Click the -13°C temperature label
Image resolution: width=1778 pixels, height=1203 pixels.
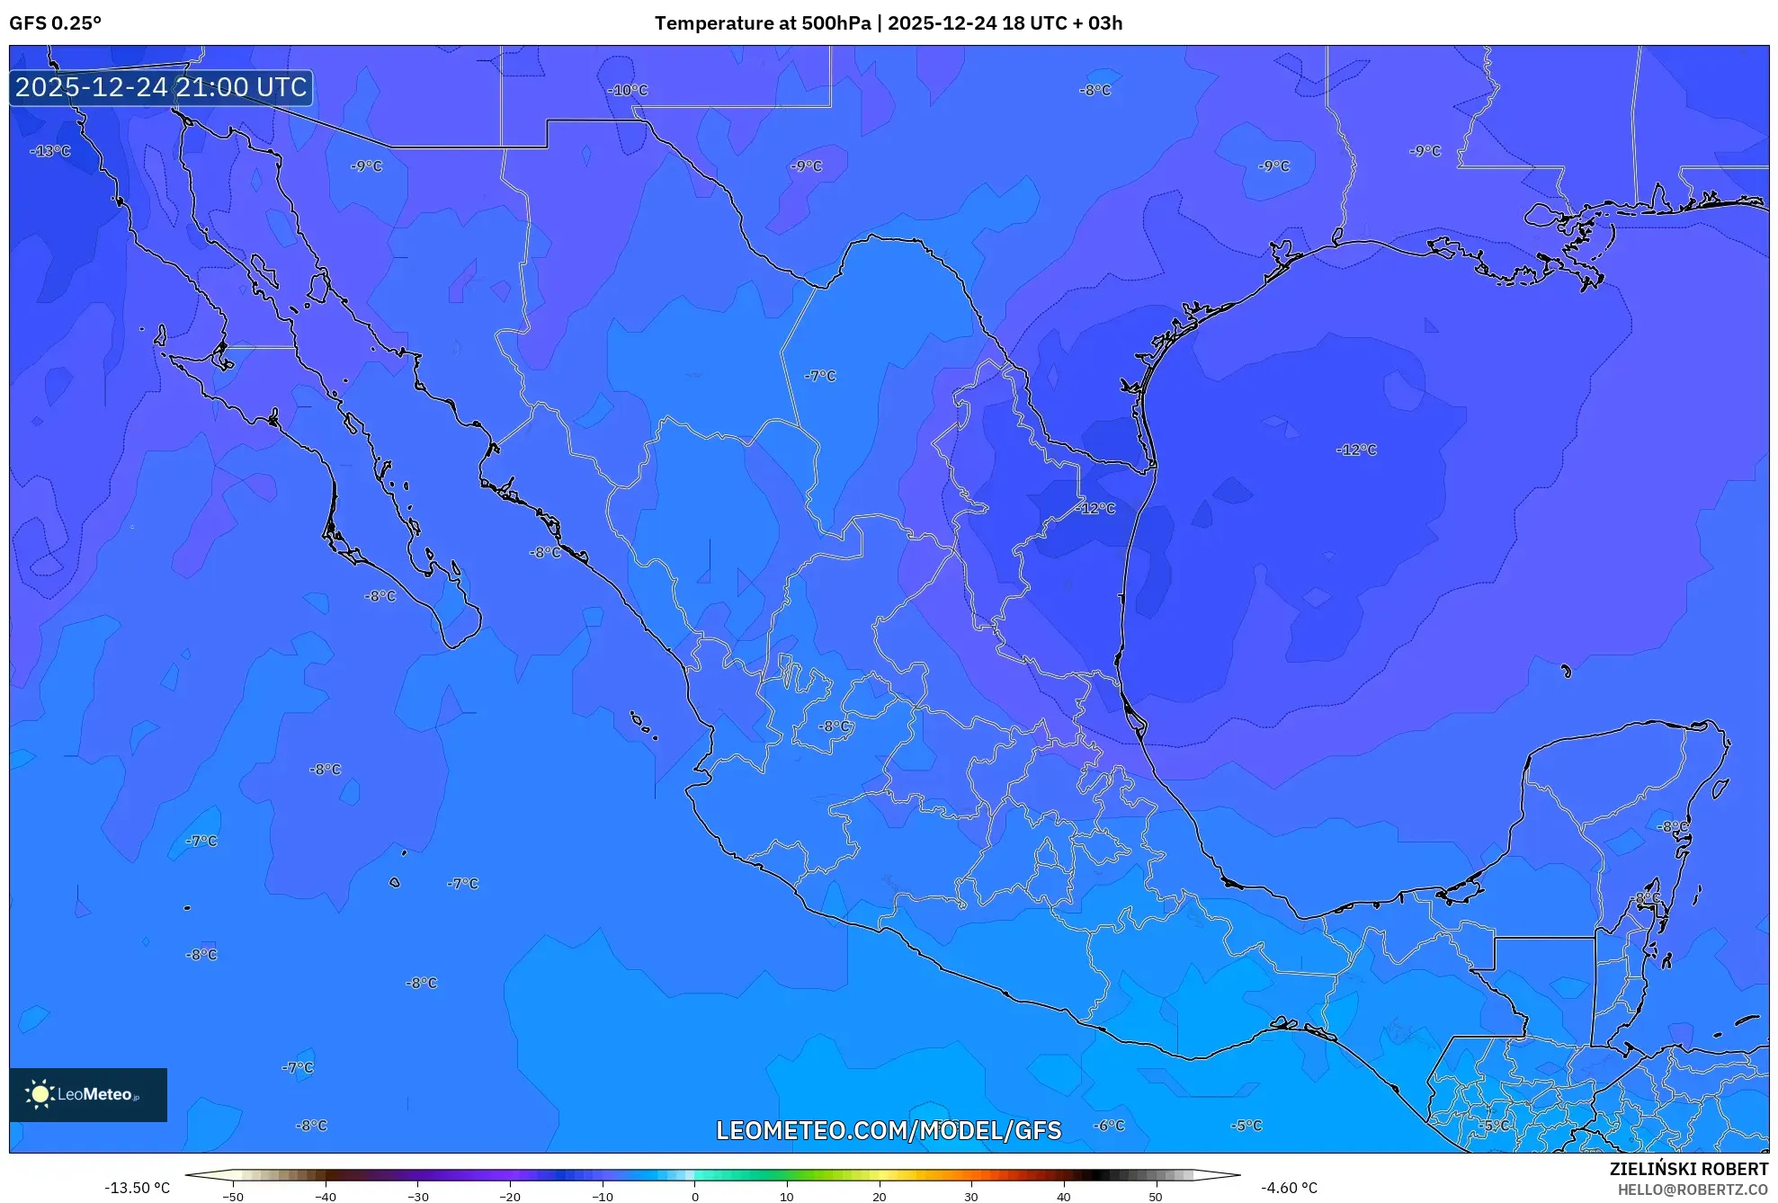tap(50, 151)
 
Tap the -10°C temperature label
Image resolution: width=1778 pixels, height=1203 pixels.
tap(628, 90)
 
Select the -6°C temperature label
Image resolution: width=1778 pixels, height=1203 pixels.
tap(1109, 1126)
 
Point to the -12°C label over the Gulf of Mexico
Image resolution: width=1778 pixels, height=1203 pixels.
tap(1356, 450)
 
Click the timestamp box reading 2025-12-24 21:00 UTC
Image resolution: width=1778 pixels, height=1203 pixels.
tap(161, 87)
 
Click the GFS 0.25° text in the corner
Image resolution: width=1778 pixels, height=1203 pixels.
tap(55, 23)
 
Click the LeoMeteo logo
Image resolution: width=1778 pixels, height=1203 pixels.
tap(88, 1094)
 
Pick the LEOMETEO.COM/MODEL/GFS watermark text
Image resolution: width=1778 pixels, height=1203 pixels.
tap(889, 1130)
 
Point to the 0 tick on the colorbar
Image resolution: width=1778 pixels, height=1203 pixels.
tap(694, 1196)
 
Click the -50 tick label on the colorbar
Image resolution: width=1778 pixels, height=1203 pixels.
tap(233, 1197)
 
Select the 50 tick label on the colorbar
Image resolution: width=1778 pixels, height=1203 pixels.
tap(1156, 1197)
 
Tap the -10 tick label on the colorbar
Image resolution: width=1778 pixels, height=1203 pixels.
tap(602, 1197)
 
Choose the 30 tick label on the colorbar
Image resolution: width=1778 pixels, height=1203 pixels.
tap(971, 1197)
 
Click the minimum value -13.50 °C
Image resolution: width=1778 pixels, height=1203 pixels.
tap(137, 1188)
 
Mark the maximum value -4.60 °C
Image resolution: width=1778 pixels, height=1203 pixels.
tap(1289, 1188)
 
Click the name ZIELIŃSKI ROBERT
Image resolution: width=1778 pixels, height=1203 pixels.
tap(1689, 1169)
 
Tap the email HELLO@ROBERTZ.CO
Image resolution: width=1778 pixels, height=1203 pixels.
tap(1693, 1190)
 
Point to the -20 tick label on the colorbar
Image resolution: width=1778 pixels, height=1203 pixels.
tap(510, 1197)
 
